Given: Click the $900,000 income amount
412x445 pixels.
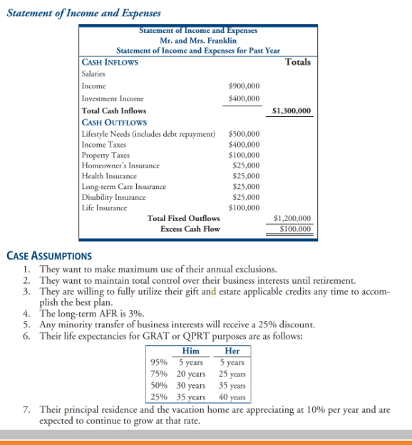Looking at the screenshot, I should (x=244, y=86).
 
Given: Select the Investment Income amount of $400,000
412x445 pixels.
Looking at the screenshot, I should (x=244, y=98).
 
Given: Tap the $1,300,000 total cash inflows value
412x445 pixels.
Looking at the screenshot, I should (x=292, y=111).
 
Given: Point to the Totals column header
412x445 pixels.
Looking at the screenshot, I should (x=297, y=62).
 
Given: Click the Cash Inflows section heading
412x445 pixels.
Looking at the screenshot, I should (x=110, y=62).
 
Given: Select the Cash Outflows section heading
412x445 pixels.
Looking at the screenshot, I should (x=113, y=123).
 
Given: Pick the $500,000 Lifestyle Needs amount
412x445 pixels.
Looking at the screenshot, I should (x=244, y=134).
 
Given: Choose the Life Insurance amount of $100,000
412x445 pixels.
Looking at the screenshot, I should (x=244, y=208).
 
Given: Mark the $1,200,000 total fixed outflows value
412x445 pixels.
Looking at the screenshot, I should (x=292, y=218).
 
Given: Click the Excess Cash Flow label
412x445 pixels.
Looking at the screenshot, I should (x=190, y=229).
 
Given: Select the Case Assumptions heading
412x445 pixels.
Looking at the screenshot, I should (x=48, y=255).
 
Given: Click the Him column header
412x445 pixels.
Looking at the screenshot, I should (x=191, y=351).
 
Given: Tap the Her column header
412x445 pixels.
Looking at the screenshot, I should (x=232, y=351).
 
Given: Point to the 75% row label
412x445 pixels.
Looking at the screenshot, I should (x=159, y=374).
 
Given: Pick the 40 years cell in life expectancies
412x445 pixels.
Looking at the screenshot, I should (x=232, y=397).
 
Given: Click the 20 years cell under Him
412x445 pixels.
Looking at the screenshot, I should (x=191, y=374).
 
